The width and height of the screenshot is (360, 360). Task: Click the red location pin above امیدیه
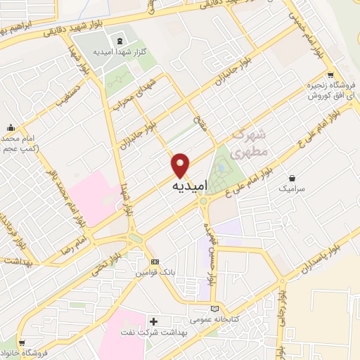[181, 165]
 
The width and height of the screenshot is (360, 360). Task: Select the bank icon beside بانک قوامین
[155, 260]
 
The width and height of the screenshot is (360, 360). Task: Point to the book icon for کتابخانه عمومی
[215, 308]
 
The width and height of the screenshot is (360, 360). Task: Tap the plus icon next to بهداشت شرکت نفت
[153, 321]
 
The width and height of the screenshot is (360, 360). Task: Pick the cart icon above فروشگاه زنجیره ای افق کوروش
[330, 76]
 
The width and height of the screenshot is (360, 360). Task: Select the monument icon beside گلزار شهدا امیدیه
[117, 40]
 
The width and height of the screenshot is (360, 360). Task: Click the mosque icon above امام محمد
[11, 128]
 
